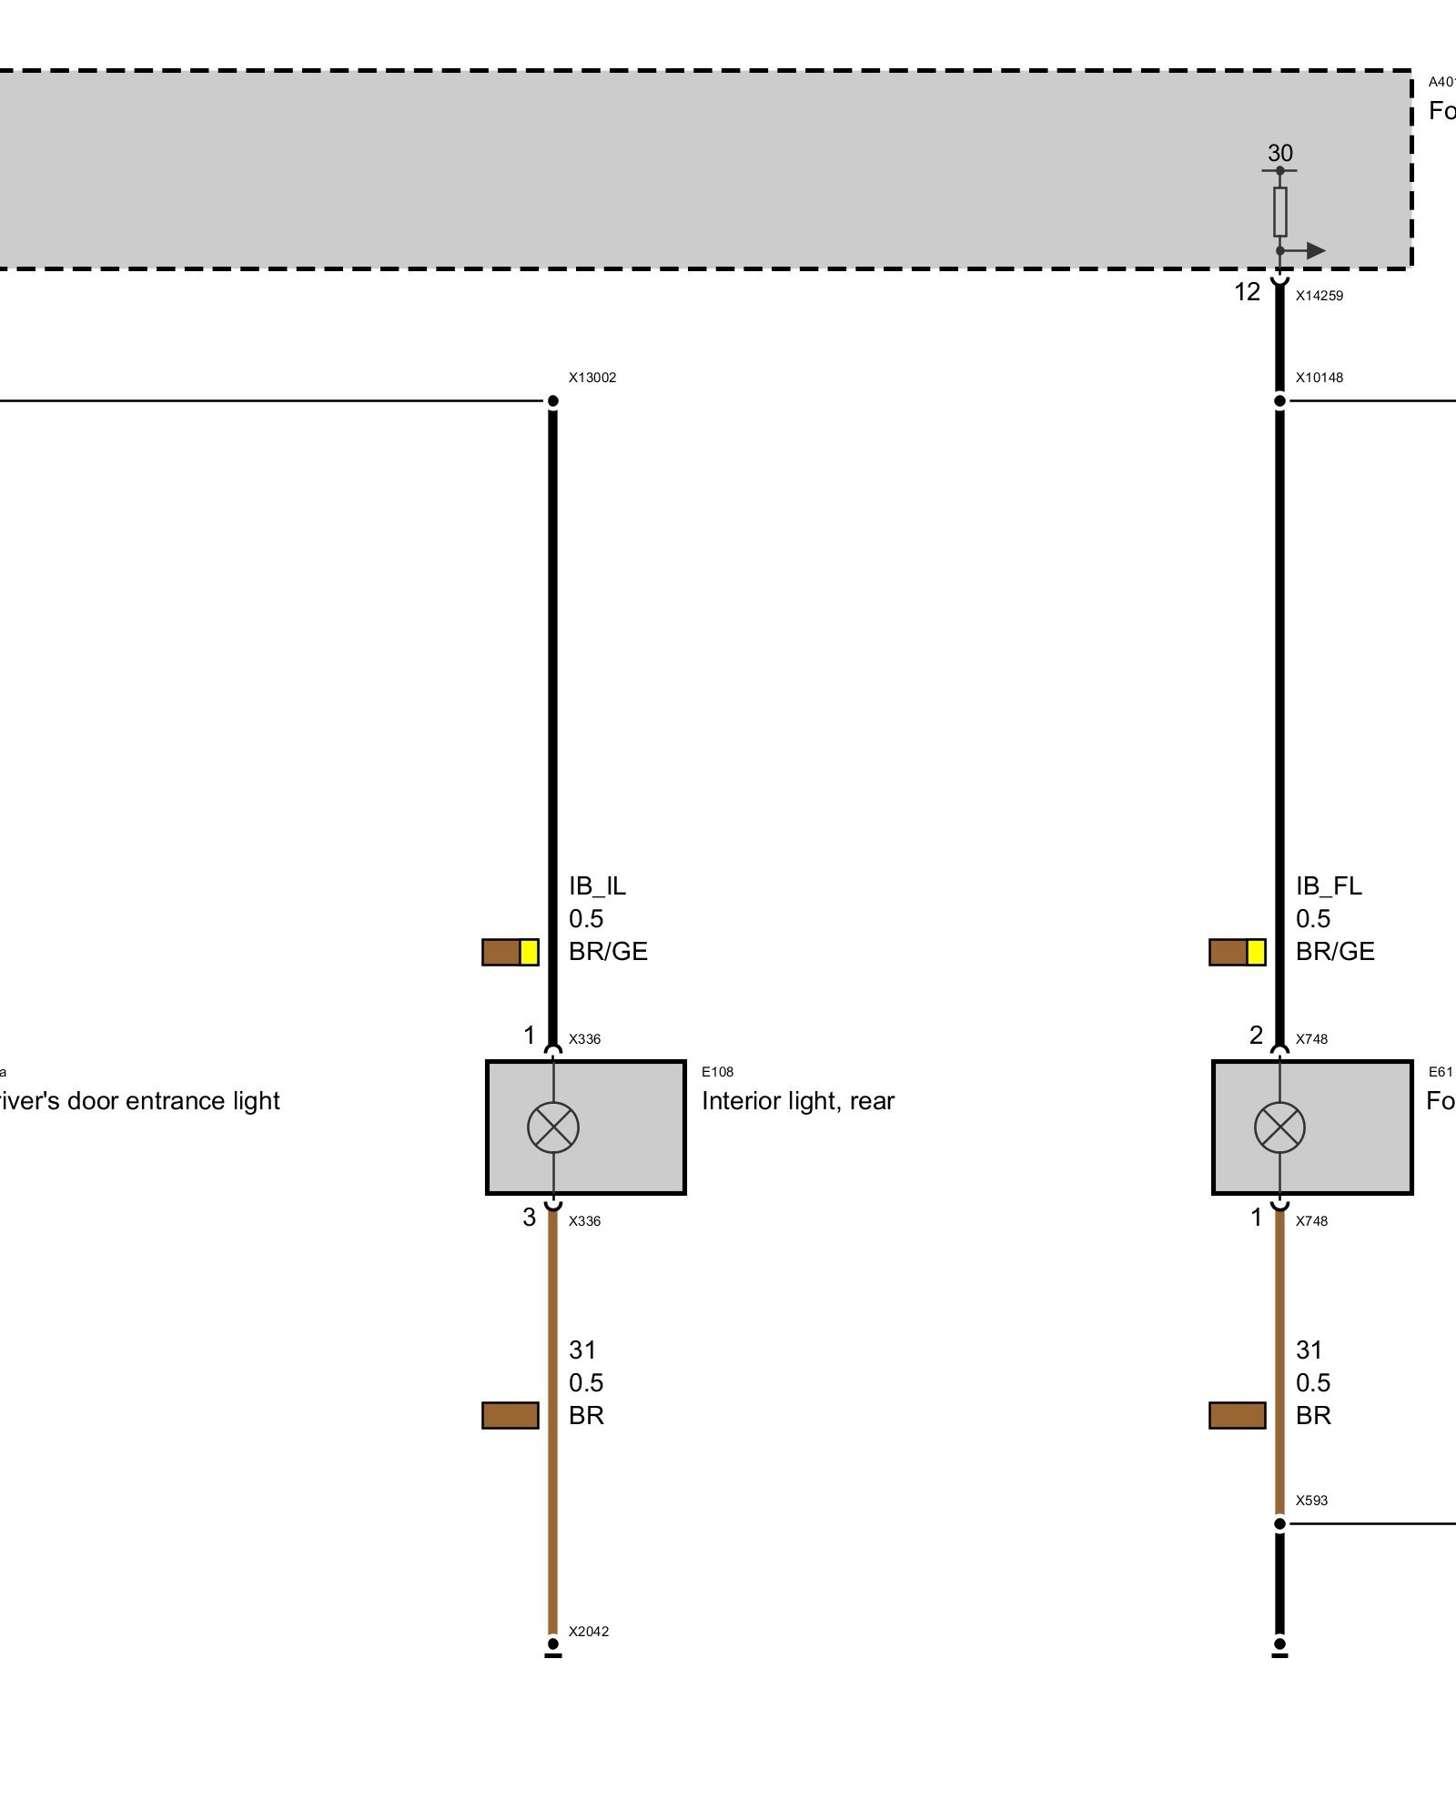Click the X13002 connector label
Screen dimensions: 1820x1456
[x=591, y=378]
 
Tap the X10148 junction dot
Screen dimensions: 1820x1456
[x=1279, y=400]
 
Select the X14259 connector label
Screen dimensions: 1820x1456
[x=1319, y=296]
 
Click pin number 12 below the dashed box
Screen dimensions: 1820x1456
[x=1247, y=292]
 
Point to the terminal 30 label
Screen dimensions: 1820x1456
[x=1279, y=153]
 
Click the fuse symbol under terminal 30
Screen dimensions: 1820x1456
[x=1279, y=211]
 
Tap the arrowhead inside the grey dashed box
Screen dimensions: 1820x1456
[x=1315, y=250]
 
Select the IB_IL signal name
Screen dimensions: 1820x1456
[x=597, y=886]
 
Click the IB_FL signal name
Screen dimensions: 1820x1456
[x=1329, y=886]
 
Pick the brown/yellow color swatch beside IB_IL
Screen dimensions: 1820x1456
[x=510, y=952]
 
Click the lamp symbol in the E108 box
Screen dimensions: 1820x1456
[x=553, y=1127]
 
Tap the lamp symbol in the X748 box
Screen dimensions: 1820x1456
[x=1279, y=1127]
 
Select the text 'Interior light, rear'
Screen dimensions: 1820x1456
[x=798, y=1101]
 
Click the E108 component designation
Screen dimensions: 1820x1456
[x=717, y=1072]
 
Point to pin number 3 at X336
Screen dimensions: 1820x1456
[x=529, y=1218]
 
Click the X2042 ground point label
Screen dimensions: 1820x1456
[x=588, y=1632]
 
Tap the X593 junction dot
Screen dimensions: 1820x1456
[x=1279, y=1523]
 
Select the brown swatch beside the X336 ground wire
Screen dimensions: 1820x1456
[x=510, y=1415]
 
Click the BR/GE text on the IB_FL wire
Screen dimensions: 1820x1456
[x=1335, y=952]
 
